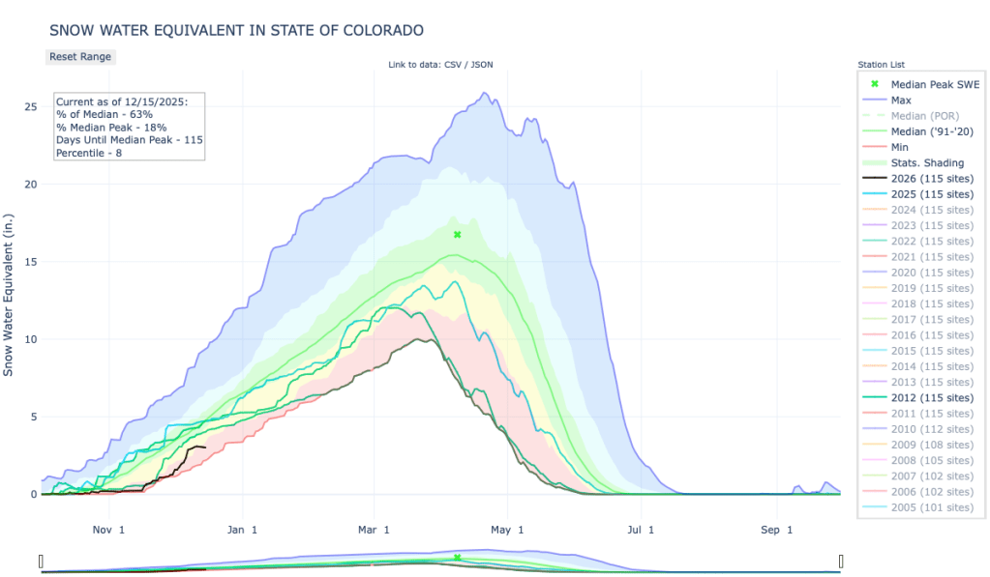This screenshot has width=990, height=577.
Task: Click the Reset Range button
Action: (80, 57)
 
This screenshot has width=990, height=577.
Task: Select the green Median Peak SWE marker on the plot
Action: (457, 235)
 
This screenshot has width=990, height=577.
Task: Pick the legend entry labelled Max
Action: (900, 100)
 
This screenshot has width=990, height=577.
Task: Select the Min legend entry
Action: (899, 147)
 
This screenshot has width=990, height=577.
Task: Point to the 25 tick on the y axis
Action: (30, 106)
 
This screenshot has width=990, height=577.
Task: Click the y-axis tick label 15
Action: (30, 262)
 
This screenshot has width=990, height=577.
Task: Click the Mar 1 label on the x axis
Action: (373, 529)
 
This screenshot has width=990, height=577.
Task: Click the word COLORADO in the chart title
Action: (377, 31)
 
